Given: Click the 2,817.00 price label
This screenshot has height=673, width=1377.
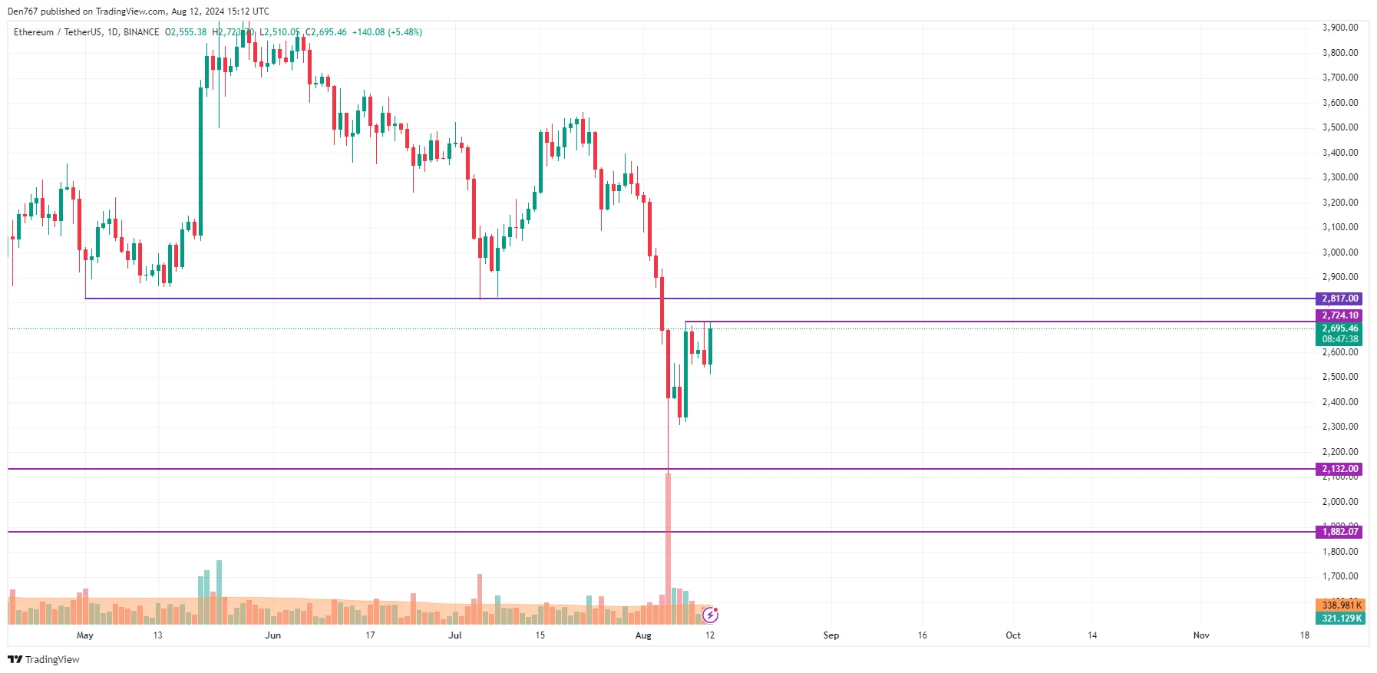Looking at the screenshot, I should click(1339, 299).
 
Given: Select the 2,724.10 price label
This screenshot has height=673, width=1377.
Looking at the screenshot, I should click(1339, 315).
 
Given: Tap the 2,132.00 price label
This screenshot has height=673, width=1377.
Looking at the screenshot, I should click(1339, 469).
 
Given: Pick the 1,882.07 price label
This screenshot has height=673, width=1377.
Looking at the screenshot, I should click(1339, 532).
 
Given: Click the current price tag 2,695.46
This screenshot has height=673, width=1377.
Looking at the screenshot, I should click(1339, 328).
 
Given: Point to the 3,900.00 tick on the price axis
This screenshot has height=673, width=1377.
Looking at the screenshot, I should click(1339, 28).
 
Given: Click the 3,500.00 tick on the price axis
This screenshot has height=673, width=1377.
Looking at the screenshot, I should click(1339, 127).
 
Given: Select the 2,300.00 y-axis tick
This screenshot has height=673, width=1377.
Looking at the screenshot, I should click(1339, 427).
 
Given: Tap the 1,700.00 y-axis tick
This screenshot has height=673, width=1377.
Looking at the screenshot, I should click(1339, 576).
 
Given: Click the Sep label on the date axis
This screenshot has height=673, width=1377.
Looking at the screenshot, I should click(830, 635).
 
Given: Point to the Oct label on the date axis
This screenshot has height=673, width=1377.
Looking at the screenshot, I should click(1013, 635).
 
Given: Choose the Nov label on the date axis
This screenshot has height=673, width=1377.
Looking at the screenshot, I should click(1201, 635).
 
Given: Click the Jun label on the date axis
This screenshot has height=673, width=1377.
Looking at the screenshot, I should click(272, 635).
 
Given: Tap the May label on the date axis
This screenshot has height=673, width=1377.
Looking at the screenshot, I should click(84, 635).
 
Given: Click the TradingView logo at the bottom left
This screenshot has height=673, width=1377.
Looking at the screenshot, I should click(44, 659).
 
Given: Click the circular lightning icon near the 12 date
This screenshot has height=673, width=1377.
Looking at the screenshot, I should click(711, 615).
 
